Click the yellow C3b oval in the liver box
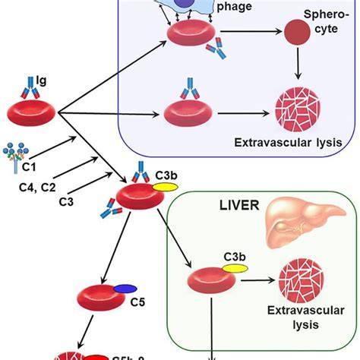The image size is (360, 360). (233, 267)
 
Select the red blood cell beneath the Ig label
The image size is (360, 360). (34, 113)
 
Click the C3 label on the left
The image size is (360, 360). (68, 200)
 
